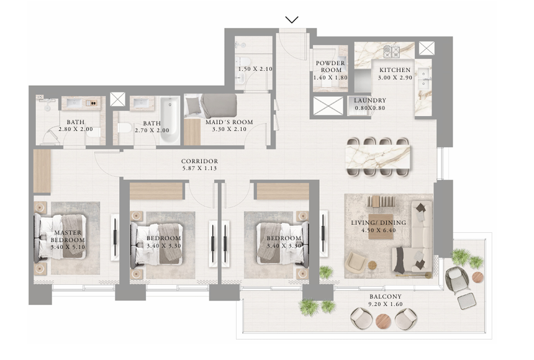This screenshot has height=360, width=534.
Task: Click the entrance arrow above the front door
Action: click(292, 20)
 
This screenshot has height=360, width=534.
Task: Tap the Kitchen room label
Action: click(395, 70)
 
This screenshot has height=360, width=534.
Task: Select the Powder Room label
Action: click(330, 66)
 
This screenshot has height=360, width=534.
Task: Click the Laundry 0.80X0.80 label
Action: click(370, 104)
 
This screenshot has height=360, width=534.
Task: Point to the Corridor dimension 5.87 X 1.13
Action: click(199, 168)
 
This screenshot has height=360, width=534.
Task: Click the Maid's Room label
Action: click(229, 122)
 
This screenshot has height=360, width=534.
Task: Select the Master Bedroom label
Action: click(68, 236)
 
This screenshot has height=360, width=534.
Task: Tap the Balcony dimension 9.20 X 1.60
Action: click(386, 304)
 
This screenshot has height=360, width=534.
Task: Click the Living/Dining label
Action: click(378, 222)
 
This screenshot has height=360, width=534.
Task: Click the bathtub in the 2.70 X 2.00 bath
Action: click(170, 120)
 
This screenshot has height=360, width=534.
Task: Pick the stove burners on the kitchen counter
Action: click(391, 52)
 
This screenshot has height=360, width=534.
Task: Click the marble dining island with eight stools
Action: click(378, 157)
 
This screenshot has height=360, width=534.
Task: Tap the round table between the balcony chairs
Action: click(384, 320)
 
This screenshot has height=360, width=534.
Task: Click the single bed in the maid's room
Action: click(210, 106)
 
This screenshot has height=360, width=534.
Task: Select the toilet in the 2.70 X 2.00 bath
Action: click(124, 128)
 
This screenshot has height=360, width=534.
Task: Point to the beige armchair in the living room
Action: click(356, 261)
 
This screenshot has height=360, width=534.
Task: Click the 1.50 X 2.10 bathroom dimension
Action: click(255, 69)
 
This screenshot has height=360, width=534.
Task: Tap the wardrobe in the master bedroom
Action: click(42, 171)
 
